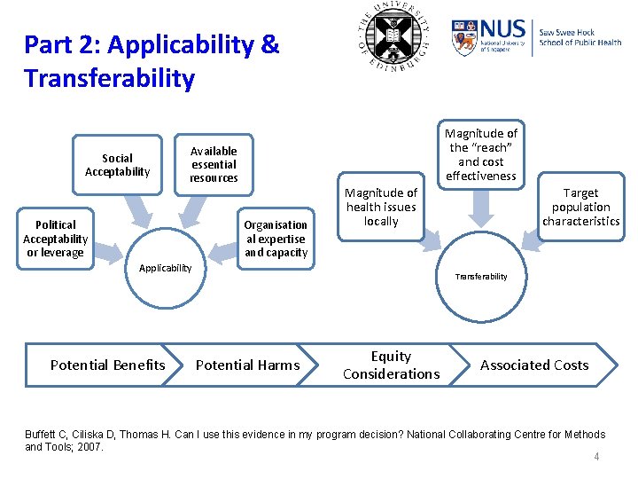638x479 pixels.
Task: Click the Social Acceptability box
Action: [x=117, y=165]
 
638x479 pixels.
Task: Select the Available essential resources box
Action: [x=214, y=165]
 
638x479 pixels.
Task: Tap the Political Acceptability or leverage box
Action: [x=55, y=239]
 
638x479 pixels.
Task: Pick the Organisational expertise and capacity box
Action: [x=276, y=239]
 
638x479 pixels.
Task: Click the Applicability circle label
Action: [x=166, y=268]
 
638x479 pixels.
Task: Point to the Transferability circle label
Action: [x=482, y=277]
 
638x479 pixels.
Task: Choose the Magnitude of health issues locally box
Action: [x=381, y=207]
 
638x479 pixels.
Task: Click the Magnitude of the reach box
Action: [x=481, y=154]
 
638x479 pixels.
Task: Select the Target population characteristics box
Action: [x=580, y=207]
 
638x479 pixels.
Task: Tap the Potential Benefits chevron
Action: [x=108, y=365]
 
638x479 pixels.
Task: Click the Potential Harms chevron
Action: [x=247, y=365]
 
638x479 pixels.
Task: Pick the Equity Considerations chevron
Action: [x=391, y=365]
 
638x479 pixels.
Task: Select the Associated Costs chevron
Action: [x=534, y=365]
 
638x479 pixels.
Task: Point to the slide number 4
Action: [x=596, y=457]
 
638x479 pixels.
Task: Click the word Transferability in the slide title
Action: [x=109, y=79]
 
